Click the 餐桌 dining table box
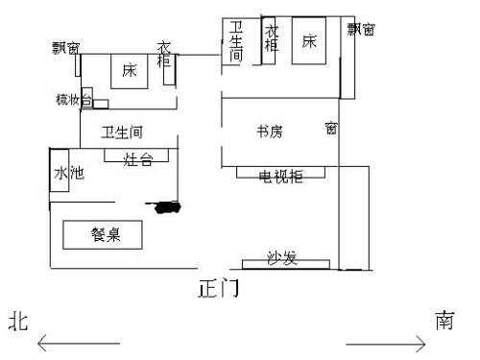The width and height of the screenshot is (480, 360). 102,234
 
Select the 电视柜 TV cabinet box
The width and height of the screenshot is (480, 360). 280,174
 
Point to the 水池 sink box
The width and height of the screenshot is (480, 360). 60,175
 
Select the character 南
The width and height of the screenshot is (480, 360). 444,320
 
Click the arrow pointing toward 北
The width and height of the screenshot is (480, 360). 77,342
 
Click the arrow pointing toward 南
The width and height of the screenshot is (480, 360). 385,342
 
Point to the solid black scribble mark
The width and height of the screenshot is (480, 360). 163,204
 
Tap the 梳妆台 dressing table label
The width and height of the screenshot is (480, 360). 70,99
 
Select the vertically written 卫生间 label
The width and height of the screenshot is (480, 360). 236,42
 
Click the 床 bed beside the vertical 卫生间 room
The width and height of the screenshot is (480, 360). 309,41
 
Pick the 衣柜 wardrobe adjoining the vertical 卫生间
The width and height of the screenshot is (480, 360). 271,40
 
